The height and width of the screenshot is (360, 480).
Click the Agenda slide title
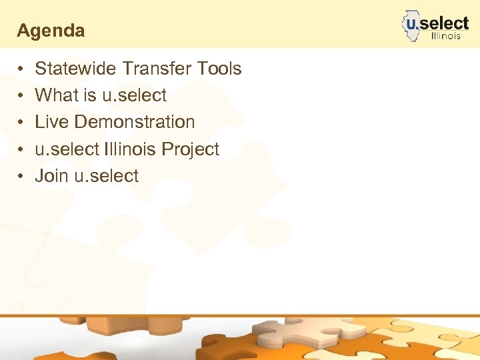point(51,31)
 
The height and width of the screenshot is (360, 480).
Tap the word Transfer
point(156,69)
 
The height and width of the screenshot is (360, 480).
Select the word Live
point(52,122)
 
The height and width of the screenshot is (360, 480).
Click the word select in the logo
point(445,23)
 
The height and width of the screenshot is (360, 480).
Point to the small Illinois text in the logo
point(445,36)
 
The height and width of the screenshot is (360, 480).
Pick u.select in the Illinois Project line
point(65,149)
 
